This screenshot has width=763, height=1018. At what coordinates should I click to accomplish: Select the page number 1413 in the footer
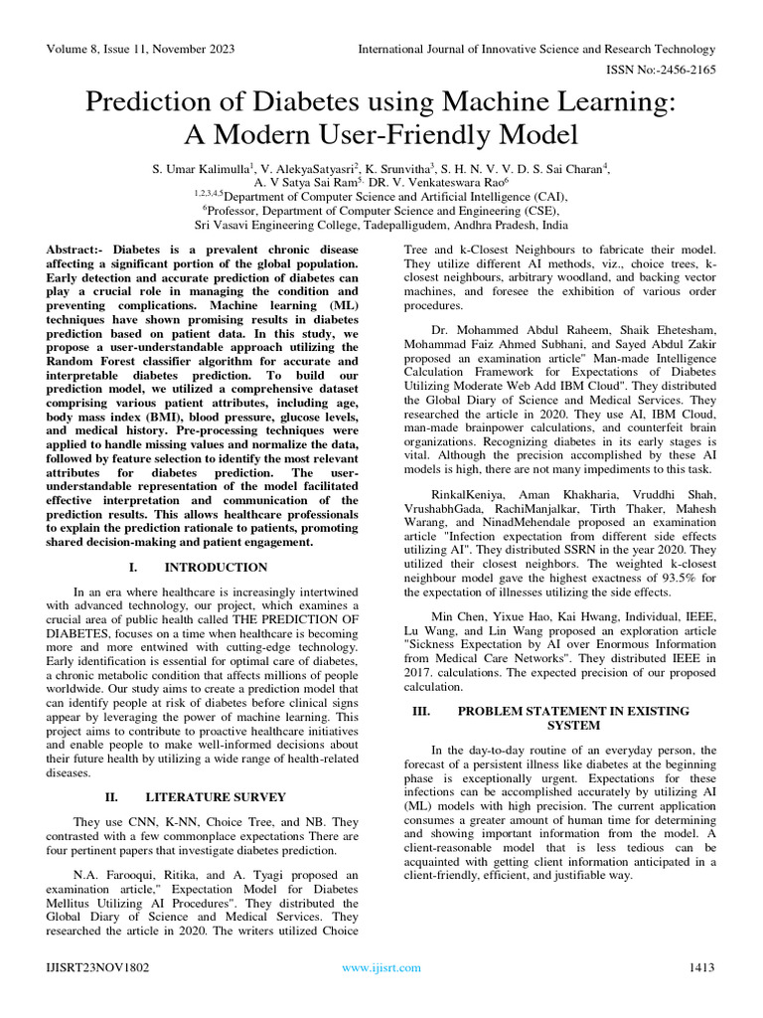(x=701, y=967)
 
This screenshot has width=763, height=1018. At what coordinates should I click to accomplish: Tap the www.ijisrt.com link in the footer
(x=381, y=967)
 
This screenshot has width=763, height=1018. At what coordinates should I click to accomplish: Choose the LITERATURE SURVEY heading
(x=216, y=797)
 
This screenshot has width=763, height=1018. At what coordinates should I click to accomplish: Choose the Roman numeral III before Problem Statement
(x=420, y=711)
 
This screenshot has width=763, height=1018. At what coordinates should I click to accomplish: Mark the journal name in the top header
(x=535, y=49)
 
